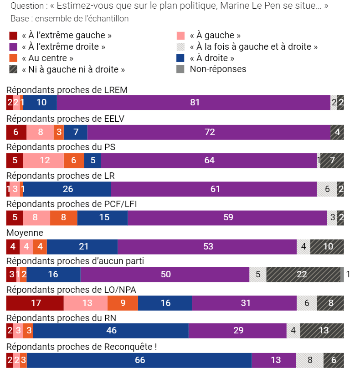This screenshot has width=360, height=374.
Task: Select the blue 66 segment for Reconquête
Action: [x=139, y=360]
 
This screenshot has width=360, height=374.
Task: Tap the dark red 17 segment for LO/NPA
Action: [x=35, y=303]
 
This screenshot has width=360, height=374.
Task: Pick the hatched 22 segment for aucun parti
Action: [x=303, y=274]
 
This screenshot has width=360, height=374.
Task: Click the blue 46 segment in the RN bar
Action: [x=110, y=331]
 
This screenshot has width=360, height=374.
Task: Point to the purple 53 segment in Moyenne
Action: [x=208, y=246]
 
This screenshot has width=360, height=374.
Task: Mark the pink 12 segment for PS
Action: [x=44, y=161]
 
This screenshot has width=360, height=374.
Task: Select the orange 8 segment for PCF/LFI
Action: [x=63, y=218]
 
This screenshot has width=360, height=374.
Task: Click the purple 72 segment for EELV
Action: [x=209, y=132]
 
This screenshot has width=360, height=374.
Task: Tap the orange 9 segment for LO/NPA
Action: [x=123, y=303]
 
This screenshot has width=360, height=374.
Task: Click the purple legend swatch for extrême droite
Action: [x=13, y=47]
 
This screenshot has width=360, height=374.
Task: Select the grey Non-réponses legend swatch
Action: [x=180, y=69]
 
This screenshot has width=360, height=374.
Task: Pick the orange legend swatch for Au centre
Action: [x=13, y=58]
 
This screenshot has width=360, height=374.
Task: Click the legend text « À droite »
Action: [x=212, y=58]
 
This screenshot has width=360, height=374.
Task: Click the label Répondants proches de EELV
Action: [x=65, y=118]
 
